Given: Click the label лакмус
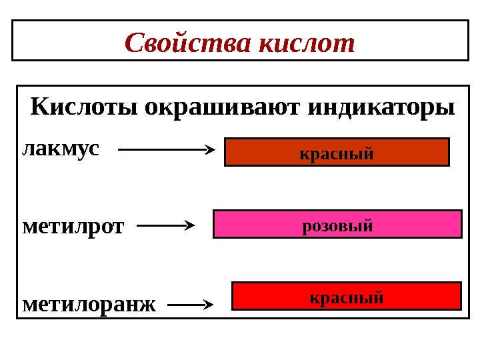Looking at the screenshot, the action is pos(61,148).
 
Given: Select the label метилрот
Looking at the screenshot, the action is pos(73,227).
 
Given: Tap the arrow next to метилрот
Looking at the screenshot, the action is pos(165,226).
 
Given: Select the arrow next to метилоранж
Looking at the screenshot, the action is pos(189,306).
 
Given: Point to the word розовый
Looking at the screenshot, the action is pos(337,225).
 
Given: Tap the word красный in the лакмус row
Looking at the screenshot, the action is pos(337,153).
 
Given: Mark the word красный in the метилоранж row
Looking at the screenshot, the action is pos(346,297).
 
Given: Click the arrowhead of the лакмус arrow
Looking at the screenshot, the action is pos(209,150).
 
